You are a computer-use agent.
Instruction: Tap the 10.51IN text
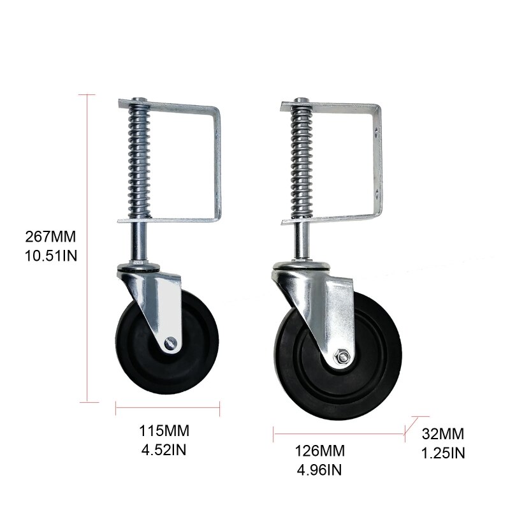pos(51,253)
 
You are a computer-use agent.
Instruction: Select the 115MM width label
pos(164,431)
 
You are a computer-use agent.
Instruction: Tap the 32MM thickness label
pos(443,436)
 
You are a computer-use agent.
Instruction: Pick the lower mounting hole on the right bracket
pos(377,189)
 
